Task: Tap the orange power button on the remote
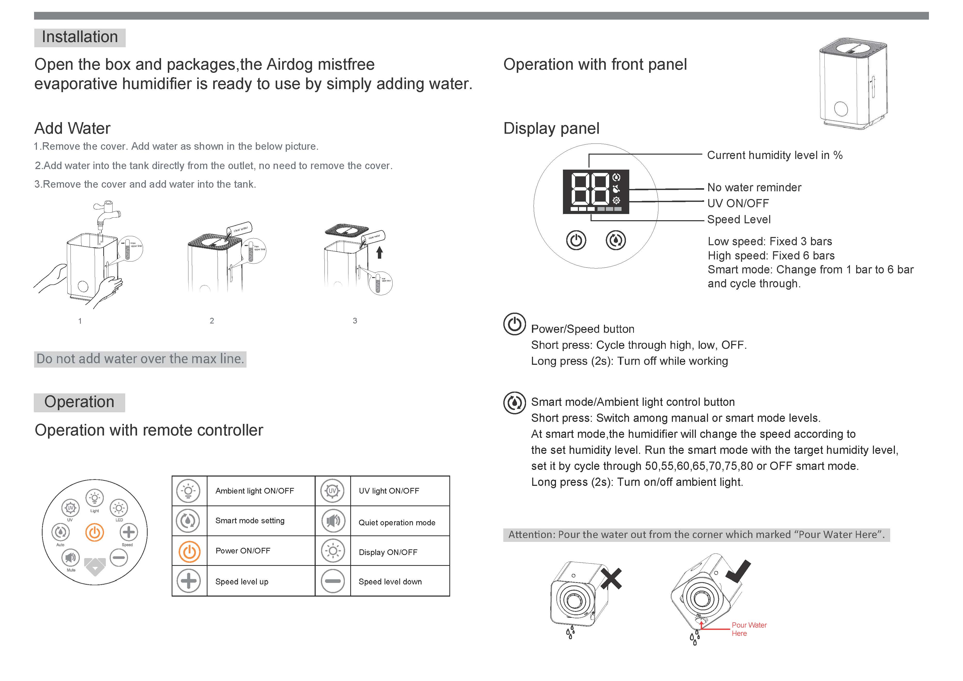tap(94, 533)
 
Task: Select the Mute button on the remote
tap(70, 558)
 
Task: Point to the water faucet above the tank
tap(106, 212)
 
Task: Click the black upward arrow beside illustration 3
tap(380, 252)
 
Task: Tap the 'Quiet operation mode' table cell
tap(397, 522)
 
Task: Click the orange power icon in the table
tap(189, 551)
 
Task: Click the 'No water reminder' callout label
tap(754, 188)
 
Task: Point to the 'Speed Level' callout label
tap(739, 219)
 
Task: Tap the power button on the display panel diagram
tap(576, 240)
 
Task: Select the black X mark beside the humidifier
tap(611, 579)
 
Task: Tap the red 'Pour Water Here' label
tap(749, 629)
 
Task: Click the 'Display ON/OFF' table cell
tap(388, 552)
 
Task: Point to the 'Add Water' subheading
tap(72, 128)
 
